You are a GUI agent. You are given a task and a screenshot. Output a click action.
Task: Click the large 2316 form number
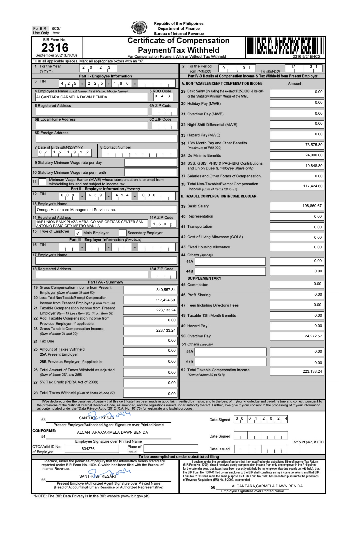55,48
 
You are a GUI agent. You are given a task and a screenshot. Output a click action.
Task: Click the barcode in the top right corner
285,47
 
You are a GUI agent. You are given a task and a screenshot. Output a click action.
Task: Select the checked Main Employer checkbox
78,233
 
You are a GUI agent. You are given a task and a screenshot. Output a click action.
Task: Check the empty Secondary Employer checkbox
122,233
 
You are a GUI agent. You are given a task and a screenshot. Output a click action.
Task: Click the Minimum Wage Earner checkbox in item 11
42,182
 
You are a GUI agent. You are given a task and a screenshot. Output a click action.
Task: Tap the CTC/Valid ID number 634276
88,449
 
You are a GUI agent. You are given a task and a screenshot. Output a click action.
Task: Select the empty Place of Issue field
171,449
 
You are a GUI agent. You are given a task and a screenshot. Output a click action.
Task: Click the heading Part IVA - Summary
105,282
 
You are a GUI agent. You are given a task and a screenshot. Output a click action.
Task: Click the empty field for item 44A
230,261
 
